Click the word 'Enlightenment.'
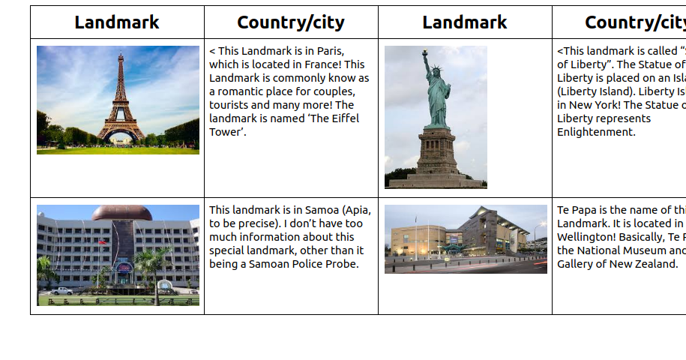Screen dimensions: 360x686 pos(596,132)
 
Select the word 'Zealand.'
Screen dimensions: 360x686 pos(653,264)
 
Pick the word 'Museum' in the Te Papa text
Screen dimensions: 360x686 pos(642,250)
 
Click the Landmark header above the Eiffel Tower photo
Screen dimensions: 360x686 pos(117,22)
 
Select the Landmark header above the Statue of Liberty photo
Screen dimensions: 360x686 pos(465,22)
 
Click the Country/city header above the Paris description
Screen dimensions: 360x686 pos(291,22)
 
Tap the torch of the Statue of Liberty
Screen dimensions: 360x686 pos(425,54)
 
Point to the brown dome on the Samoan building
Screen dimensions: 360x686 pos(121,213)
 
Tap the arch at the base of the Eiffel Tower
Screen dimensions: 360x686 pos(119,134)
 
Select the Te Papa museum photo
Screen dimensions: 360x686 pos(466,239)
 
